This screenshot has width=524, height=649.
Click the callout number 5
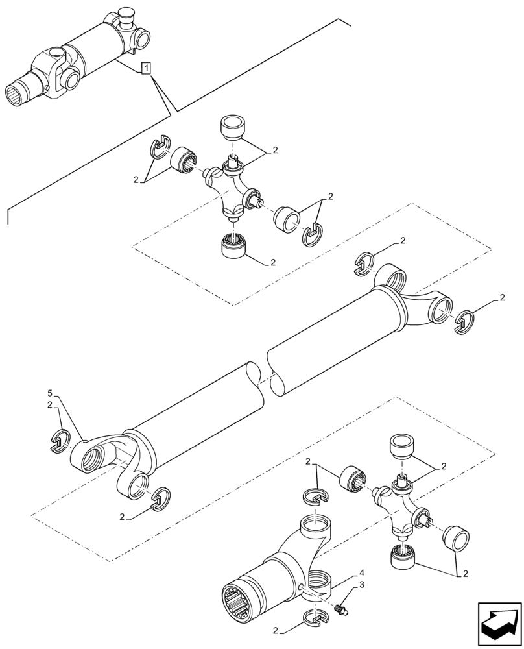point(50,394)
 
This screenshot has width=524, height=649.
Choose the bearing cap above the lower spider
point(400,448)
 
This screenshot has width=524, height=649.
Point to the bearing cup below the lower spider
point(402,558)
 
